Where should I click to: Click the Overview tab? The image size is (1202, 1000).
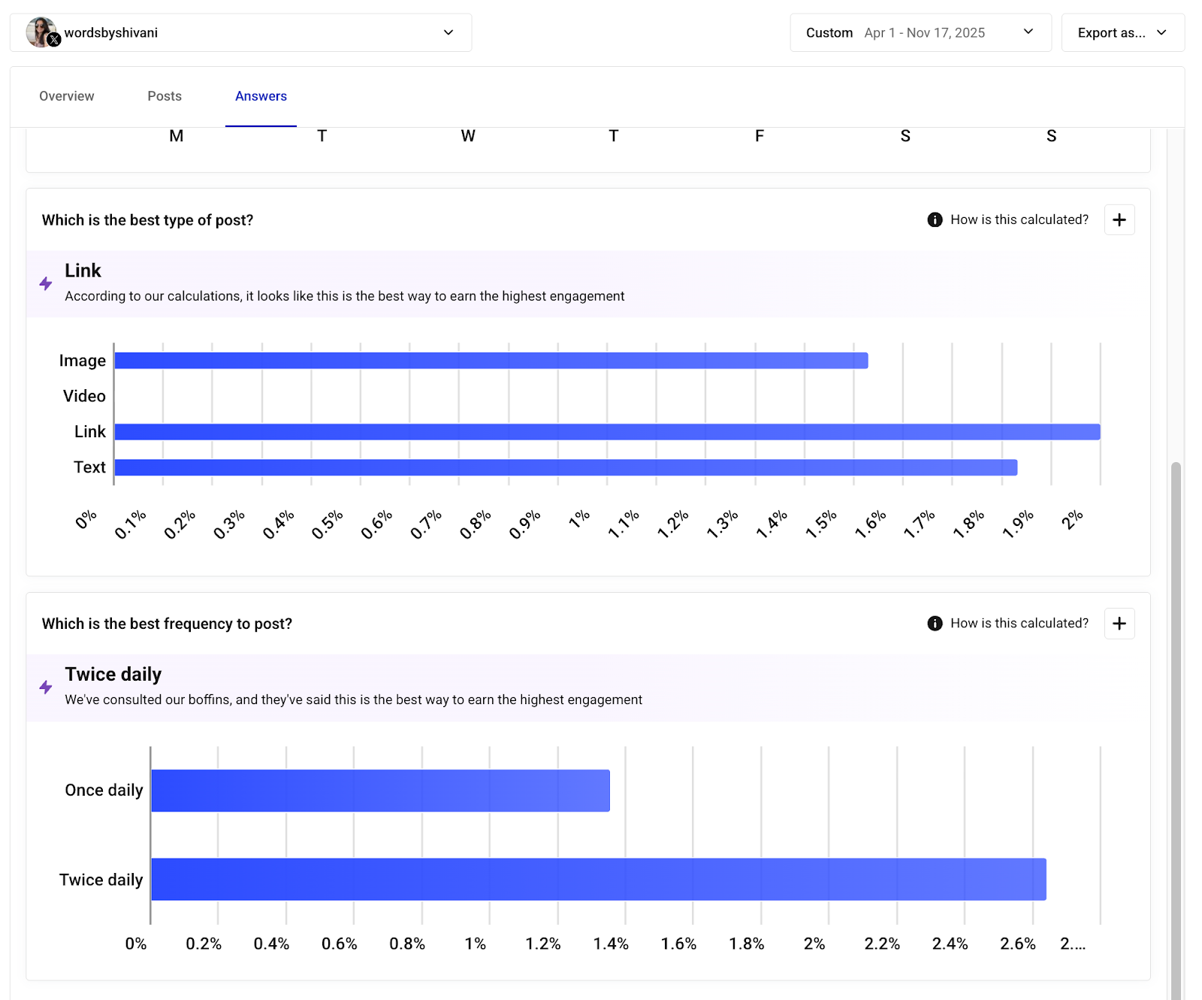pos(67,96)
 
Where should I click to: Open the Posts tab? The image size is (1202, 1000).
pos(165,96)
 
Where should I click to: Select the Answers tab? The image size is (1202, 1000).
pos(261,96)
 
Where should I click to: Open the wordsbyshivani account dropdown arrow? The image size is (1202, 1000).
pos(448,32)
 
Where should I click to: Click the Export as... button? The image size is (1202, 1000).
pos(1122,32)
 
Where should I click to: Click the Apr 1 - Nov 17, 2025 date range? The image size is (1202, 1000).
pos(924,32)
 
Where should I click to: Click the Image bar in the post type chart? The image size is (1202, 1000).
pos(491,361)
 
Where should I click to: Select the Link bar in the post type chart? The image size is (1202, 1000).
pos(607,432)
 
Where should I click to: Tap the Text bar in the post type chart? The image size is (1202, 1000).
pos(565,467)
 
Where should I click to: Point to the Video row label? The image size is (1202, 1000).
pos(84,396)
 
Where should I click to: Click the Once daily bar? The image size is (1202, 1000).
pos(380,790)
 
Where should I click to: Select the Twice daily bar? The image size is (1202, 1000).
pos(598,879)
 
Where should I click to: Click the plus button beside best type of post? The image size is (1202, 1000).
pos(1119,219)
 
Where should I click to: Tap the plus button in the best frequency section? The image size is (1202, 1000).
pos(1119,623)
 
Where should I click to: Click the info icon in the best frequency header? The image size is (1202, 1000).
pos(935,623)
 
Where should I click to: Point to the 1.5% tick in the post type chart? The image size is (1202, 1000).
pos(821,524)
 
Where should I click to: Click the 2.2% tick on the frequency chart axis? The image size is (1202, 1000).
pos(882,944)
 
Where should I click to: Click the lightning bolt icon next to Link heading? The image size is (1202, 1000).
pos(46,283)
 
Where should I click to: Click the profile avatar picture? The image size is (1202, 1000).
pos(41,32)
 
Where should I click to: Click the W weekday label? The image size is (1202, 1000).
pos(467,136)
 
